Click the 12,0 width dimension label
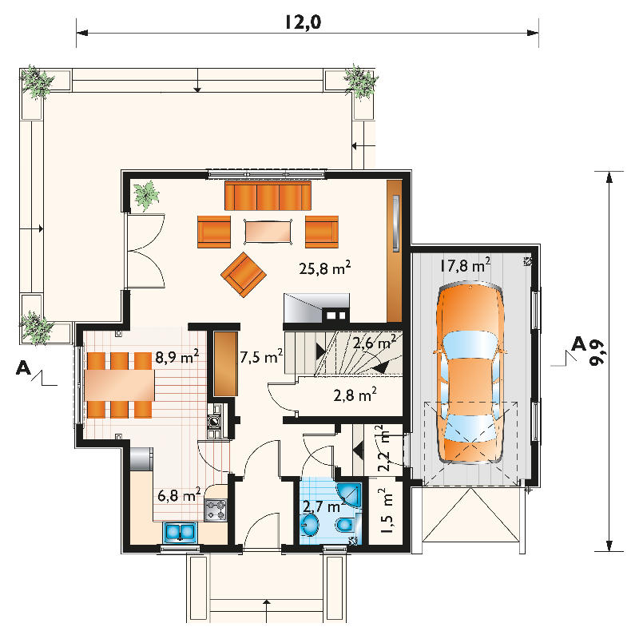pos(304,22)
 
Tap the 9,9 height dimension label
pos(597,352)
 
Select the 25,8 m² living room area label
pos(325,268)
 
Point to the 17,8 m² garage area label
pos(465,265)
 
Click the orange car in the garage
pos(470,373)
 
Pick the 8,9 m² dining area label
pos(177,356)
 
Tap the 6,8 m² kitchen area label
pos(179,494)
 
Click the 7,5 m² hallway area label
pos(261,356)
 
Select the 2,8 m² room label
pos(355,395)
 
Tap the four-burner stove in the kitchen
pos(215,510)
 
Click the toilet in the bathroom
pos(346,524)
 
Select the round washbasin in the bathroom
pos(311,524)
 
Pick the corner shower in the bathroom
pos(349,494)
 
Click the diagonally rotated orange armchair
pos(244,275)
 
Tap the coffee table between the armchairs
pos(268,232)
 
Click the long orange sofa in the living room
pos(268,196)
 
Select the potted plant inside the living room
pos(146,196)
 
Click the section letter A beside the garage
pos(578,344)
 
